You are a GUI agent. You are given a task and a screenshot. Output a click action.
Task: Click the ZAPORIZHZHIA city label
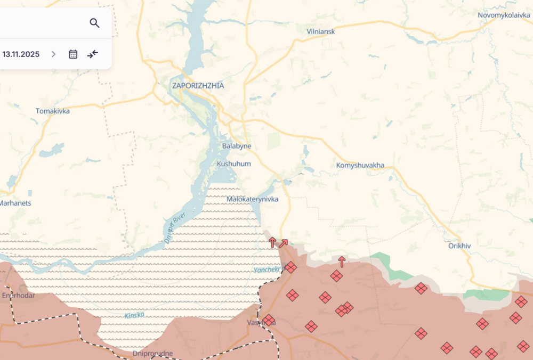(198, 86)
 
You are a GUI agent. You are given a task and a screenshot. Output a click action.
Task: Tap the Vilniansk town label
(321, 31)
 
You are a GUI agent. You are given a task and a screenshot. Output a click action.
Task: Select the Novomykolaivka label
(504, 15)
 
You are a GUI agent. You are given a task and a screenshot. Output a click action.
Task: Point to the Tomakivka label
(52, 111)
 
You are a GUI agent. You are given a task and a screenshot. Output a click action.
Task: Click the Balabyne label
(237, 146)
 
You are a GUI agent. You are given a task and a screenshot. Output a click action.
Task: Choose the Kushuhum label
(233, 164)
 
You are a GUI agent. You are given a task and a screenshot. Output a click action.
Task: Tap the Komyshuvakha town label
(360, 166)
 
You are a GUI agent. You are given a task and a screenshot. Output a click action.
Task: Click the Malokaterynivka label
(252, 199)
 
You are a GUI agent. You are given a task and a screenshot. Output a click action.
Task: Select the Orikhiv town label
(459, 246)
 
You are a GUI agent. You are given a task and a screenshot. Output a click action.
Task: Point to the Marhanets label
(15, 203)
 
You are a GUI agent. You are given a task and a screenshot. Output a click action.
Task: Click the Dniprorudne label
(153, 353)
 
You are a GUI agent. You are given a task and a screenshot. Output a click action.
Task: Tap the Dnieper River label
(175, 228)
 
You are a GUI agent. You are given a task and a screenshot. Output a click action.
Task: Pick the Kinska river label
(134, 315)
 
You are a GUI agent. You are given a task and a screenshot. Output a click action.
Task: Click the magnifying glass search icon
(94, 23)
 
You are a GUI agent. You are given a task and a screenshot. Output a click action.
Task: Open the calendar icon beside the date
(73, 54)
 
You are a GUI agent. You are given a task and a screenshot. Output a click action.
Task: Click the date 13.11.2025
(21, 54)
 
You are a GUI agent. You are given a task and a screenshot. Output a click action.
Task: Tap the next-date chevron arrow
(53, 54)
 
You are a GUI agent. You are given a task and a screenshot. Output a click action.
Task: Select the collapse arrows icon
(93, 54)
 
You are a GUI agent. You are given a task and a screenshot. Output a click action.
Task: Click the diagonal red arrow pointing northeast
(284, 243)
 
